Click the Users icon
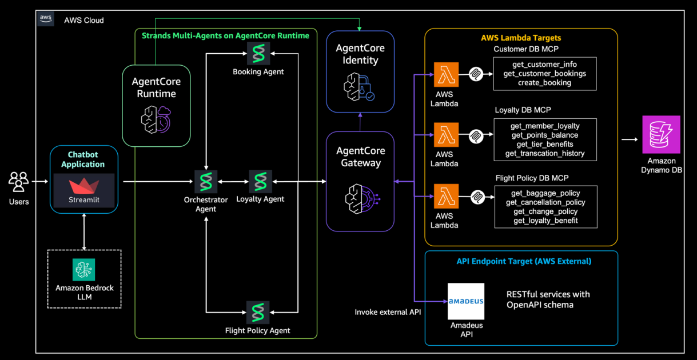[18, 182]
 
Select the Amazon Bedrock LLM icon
[84, 270]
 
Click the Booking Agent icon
[258, 54]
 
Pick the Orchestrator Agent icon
[206, 182]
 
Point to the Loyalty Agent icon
[260, 182]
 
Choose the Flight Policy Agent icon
[258, 312]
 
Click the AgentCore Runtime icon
[155, 119]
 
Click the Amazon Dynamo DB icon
[661, 135]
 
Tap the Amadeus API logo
[465, 301]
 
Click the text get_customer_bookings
[544, 74]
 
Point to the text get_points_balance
[544, 135]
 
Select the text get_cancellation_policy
[545, 202]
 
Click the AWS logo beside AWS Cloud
[46, 19]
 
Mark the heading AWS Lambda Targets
[521, 38]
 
